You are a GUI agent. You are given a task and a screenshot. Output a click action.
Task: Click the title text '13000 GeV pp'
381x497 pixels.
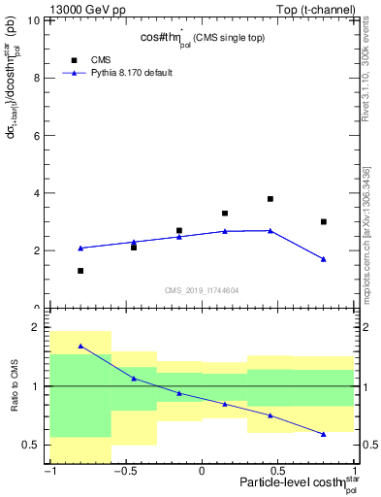[x=85, y=10]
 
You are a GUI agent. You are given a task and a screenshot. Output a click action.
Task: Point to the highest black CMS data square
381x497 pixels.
[x=270, y=199]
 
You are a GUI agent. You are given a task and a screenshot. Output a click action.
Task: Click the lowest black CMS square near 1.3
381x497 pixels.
[x=80, y=271]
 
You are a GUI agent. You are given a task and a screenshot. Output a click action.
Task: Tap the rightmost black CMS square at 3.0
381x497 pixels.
[x=324, y=221]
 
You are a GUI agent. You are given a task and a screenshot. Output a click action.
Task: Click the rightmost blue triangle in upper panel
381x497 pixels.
[x=324, y=259]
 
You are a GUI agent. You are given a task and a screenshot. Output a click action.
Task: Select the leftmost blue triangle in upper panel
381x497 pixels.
[x=80, y=248]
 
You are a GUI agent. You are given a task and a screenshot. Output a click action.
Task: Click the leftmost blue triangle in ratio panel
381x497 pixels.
[x=80, y=346]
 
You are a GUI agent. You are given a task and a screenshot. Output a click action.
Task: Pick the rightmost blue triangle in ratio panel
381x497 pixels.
[x=324, y=434]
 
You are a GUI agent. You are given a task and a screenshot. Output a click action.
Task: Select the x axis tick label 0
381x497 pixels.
[x=202, y=473]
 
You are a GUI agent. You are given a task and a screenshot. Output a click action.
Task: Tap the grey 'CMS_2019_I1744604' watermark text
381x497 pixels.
[x=202, y=290]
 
